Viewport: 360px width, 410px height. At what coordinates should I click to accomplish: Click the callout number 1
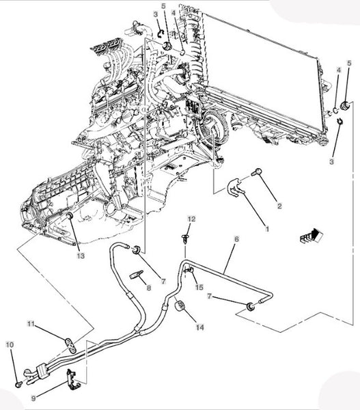tap(267, 229)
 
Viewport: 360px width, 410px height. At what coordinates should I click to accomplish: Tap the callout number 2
tap(279, 206)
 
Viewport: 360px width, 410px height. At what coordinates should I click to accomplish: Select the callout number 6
tap(236, 239)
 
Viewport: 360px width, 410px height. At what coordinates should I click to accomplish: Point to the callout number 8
tap(149, 288)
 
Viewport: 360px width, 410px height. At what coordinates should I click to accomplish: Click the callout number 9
tap(33, 398)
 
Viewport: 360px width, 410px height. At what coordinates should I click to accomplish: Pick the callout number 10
tap(10, 345)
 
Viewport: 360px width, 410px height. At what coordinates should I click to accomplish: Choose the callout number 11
tap(31, 324)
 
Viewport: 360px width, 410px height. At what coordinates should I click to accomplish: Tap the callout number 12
tap(192, 219)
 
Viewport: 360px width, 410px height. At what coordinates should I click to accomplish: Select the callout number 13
tap(81, 256)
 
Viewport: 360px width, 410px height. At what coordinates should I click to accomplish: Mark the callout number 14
tap(200, 327)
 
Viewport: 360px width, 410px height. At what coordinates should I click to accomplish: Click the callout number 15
tap(199, 288)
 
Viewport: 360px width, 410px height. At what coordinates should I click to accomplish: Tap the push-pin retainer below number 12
tap(185, 239)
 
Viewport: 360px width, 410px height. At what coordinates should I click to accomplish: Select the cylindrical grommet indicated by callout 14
tap(180, 306)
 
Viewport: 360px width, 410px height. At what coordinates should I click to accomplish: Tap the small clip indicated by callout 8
tap(136, 275)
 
